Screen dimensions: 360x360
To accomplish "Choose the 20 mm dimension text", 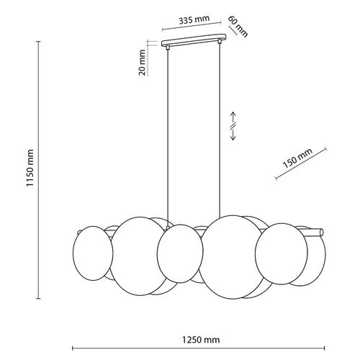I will pyautogui.click(x=143, y=60).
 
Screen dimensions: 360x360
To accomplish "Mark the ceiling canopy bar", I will pyautogui.click(x=195, y=42).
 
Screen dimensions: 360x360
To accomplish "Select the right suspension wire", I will pyautogui.click(x=220, y=130).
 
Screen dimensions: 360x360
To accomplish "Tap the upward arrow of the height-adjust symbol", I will pyautogui.click(x=233, y=116).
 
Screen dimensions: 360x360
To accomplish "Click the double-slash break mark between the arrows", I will pyautogui.click(x=233, y=127).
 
